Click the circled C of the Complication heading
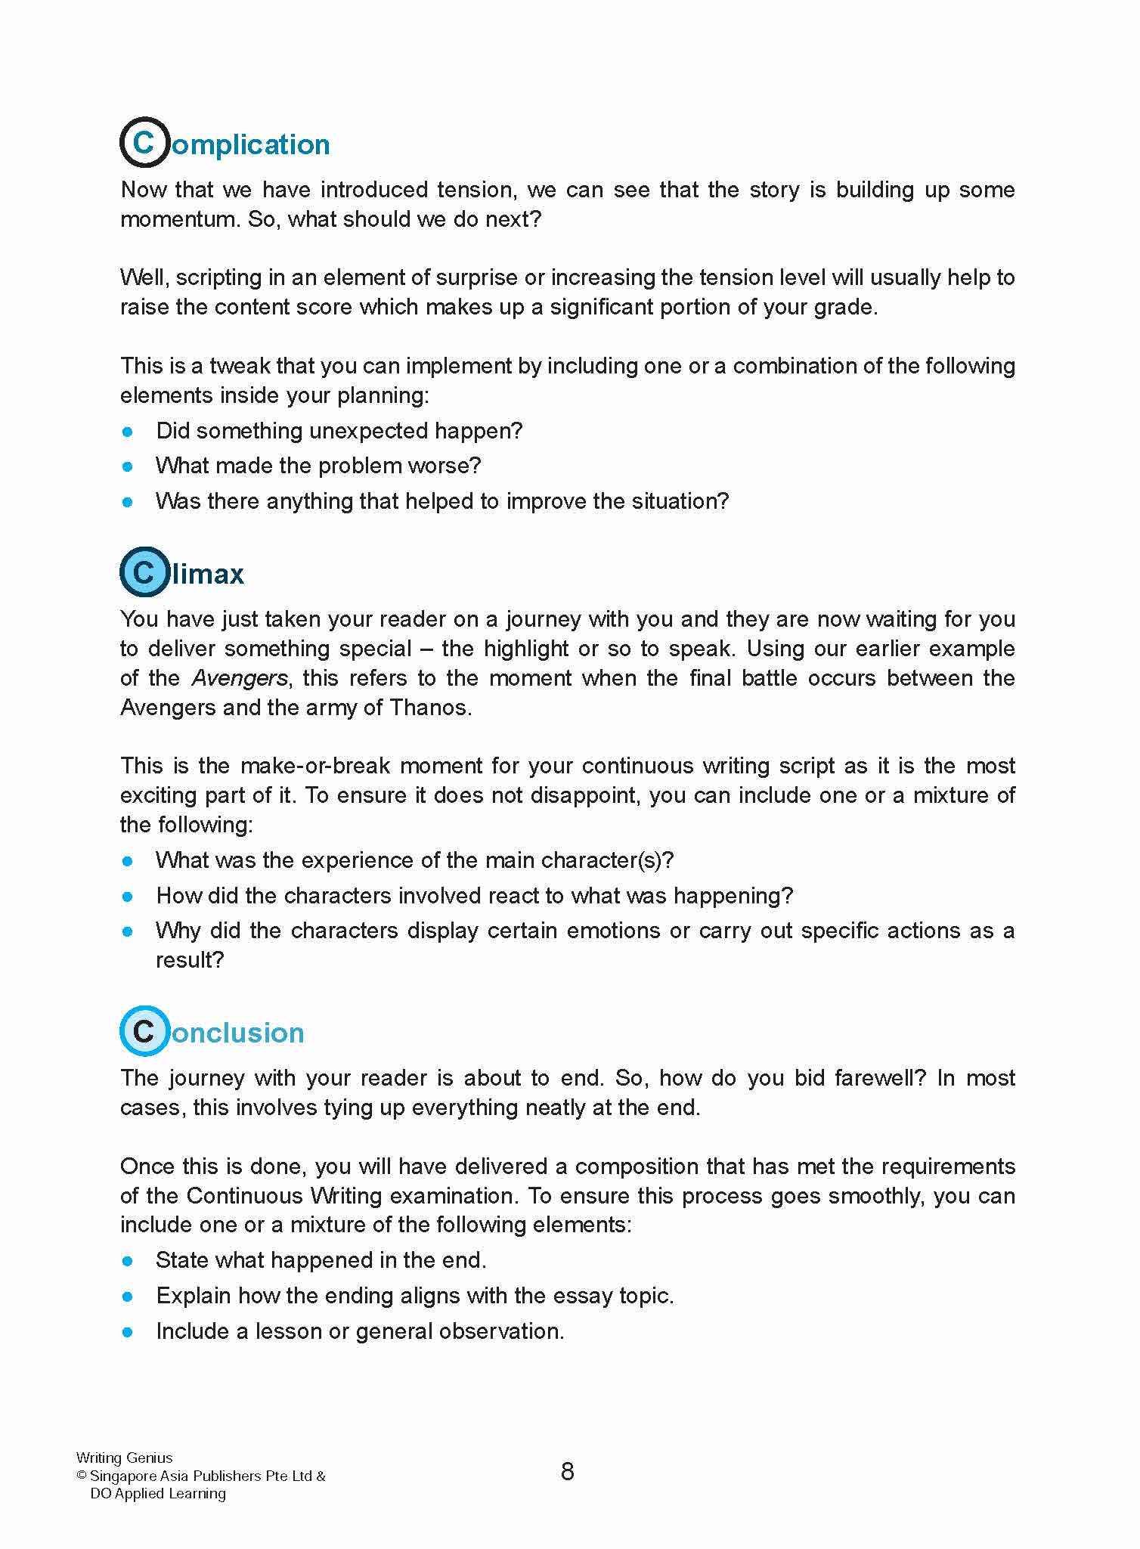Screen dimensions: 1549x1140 click(144, 142)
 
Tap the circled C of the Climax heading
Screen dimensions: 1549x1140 click(144, 572)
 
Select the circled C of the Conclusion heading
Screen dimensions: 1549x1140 click(144, 1031)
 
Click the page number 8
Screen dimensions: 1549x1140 click(568, 1471)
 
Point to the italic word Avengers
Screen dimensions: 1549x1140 click(240, 678)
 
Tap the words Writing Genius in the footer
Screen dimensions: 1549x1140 click(125, 1458)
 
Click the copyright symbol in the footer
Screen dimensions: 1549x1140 click(82, 1476)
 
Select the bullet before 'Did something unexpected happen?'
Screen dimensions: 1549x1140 click(128, 432)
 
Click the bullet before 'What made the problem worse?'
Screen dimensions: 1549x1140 click(128, 466)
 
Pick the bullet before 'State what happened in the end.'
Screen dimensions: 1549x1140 click(128, 1261)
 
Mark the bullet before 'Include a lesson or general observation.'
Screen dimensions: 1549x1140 click(128, 1332)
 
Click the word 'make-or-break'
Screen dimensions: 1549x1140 click(315, 766)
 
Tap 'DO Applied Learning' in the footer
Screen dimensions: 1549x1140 click(158, 1493)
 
